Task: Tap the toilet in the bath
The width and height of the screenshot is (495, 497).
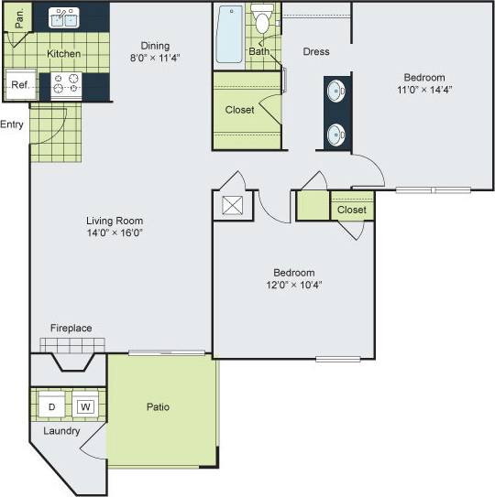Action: pyautogui.click(x=264, y=19)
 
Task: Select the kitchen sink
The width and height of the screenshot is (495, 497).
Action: pyautogui.click(x=65, y=17)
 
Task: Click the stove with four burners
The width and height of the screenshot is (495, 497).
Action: pyautogui.click(x=66, y=84)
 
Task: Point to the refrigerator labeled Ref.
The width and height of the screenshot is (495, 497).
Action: pyautogui.click(x=19, y=85)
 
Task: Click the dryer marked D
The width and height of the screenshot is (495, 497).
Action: pyautogui.click(x=52, y=405)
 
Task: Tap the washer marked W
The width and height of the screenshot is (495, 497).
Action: pyautogui.click(x=84, y=405)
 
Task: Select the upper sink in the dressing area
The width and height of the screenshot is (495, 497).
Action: pyautogui.click(x=336, y=92)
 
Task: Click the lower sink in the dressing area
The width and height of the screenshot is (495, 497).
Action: pyautogui.click(x=336, y=135)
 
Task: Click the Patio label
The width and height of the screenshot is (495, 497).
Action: pyautogui.click(x=158, y=406)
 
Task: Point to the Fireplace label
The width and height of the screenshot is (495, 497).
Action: pyautogui.click(x=71, y=328)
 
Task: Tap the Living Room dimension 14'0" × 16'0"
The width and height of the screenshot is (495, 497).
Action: pyautogui.click(x=115, y=232)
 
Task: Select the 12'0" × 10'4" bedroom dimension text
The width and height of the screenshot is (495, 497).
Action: pyautogui.click(x=293, y=285)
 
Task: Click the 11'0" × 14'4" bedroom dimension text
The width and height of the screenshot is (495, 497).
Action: pyautogui.click(x=423, y=90)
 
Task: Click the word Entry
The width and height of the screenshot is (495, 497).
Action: pyautogui.click(x=12, y=124)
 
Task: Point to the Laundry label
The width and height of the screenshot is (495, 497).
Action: pyautogui.click(x=61, y=430)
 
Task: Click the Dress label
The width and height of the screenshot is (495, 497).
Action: pyautogui.click(x=316, y=51)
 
